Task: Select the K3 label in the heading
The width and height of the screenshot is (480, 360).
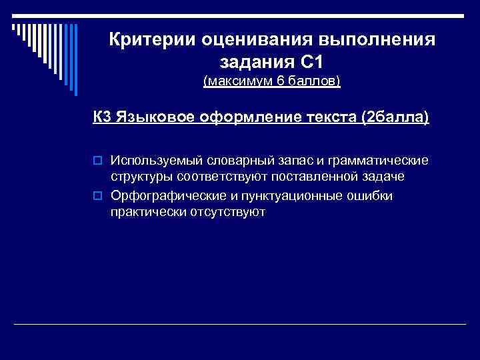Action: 102,118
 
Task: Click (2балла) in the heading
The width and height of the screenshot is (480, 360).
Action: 394,118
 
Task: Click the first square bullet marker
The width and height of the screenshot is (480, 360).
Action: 97,161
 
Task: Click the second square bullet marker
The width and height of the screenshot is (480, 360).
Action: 97,196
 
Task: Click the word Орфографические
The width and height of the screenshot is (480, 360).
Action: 161,195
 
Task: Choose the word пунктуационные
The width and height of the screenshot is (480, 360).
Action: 299,195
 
